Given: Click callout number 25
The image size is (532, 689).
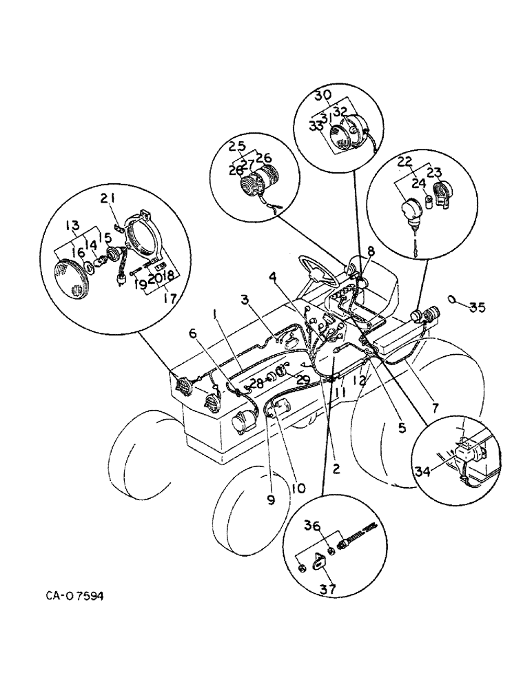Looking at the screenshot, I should (238, 146).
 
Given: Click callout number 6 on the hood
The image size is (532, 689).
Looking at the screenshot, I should (194, 333).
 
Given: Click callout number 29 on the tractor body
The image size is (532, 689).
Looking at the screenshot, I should (301, 380).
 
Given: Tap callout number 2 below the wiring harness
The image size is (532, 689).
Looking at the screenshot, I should (335, 469).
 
